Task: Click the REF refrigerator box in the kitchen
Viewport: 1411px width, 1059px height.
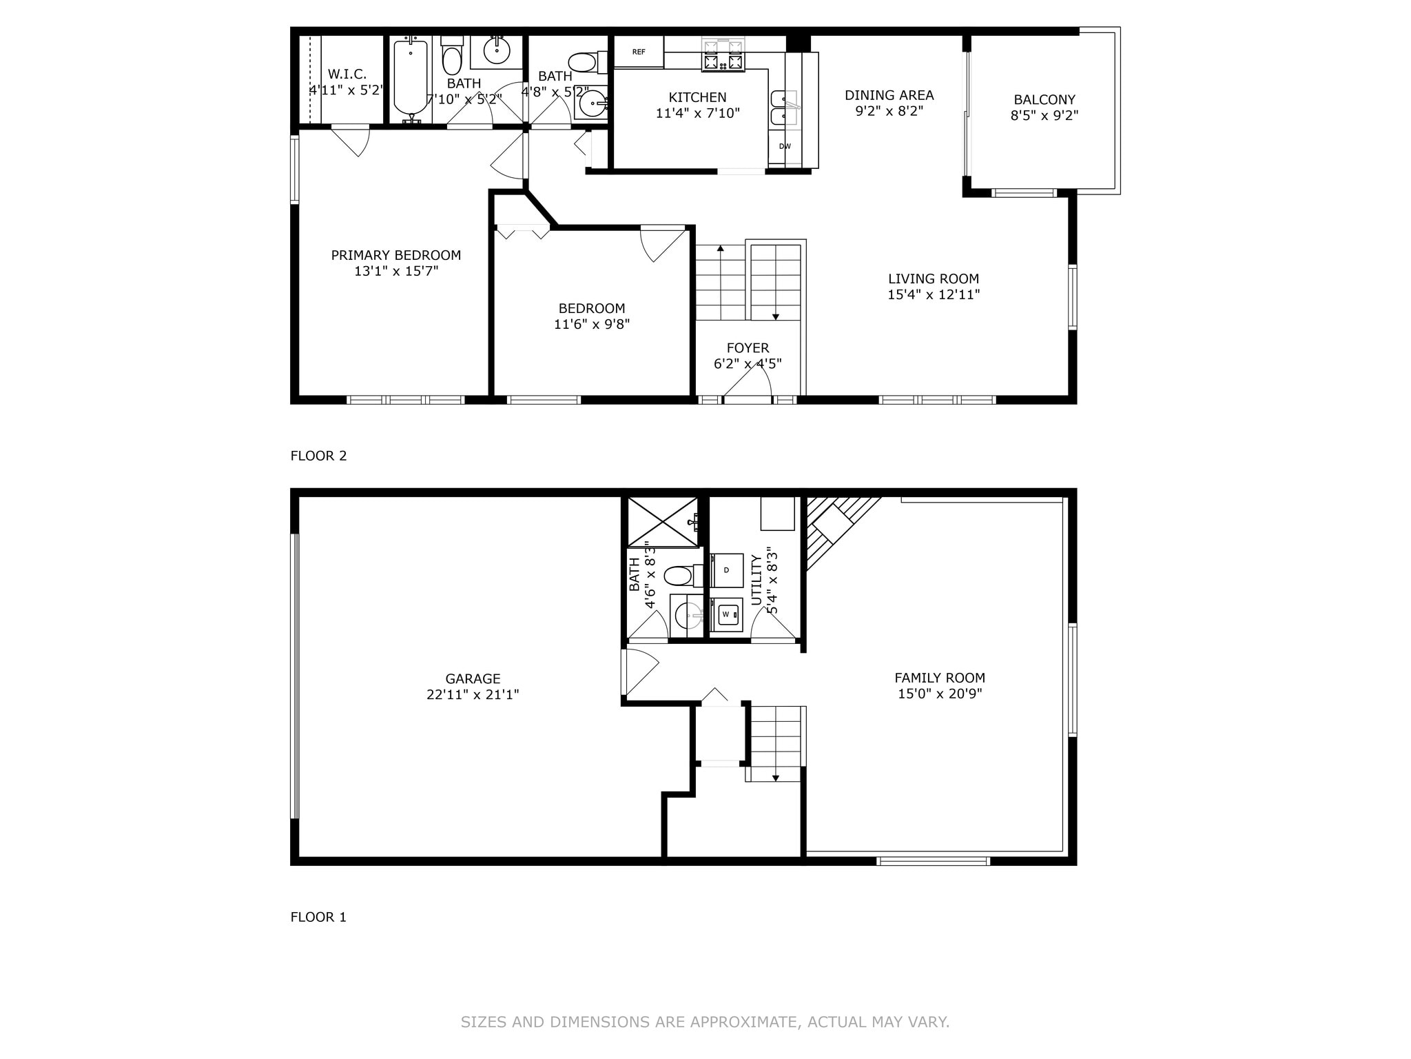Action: point(639,52)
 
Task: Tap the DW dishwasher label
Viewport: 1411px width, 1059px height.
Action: point(785,146)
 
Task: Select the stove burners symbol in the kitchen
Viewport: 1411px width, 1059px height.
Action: point(723,55)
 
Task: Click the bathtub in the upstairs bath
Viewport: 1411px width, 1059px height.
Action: point(411,77)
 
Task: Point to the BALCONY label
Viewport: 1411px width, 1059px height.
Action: point(1044,100)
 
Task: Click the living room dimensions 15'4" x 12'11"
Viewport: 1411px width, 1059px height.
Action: point(934,295)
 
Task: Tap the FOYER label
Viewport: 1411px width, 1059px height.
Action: point(748,348)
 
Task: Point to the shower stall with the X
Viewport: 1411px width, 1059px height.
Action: point(662,522)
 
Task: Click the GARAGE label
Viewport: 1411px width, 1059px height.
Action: point(473,679)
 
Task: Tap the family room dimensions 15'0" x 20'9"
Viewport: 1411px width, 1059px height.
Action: point(940,694)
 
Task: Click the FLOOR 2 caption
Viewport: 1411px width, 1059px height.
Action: point(318,456)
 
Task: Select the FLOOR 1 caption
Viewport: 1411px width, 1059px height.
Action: point(318,917)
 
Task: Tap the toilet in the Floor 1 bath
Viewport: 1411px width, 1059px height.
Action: point(681,575)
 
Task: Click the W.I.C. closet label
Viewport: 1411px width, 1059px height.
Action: point(347,74)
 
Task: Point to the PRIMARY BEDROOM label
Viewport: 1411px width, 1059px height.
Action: point(395,255)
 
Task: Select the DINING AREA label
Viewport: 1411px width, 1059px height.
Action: point(889,95)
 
